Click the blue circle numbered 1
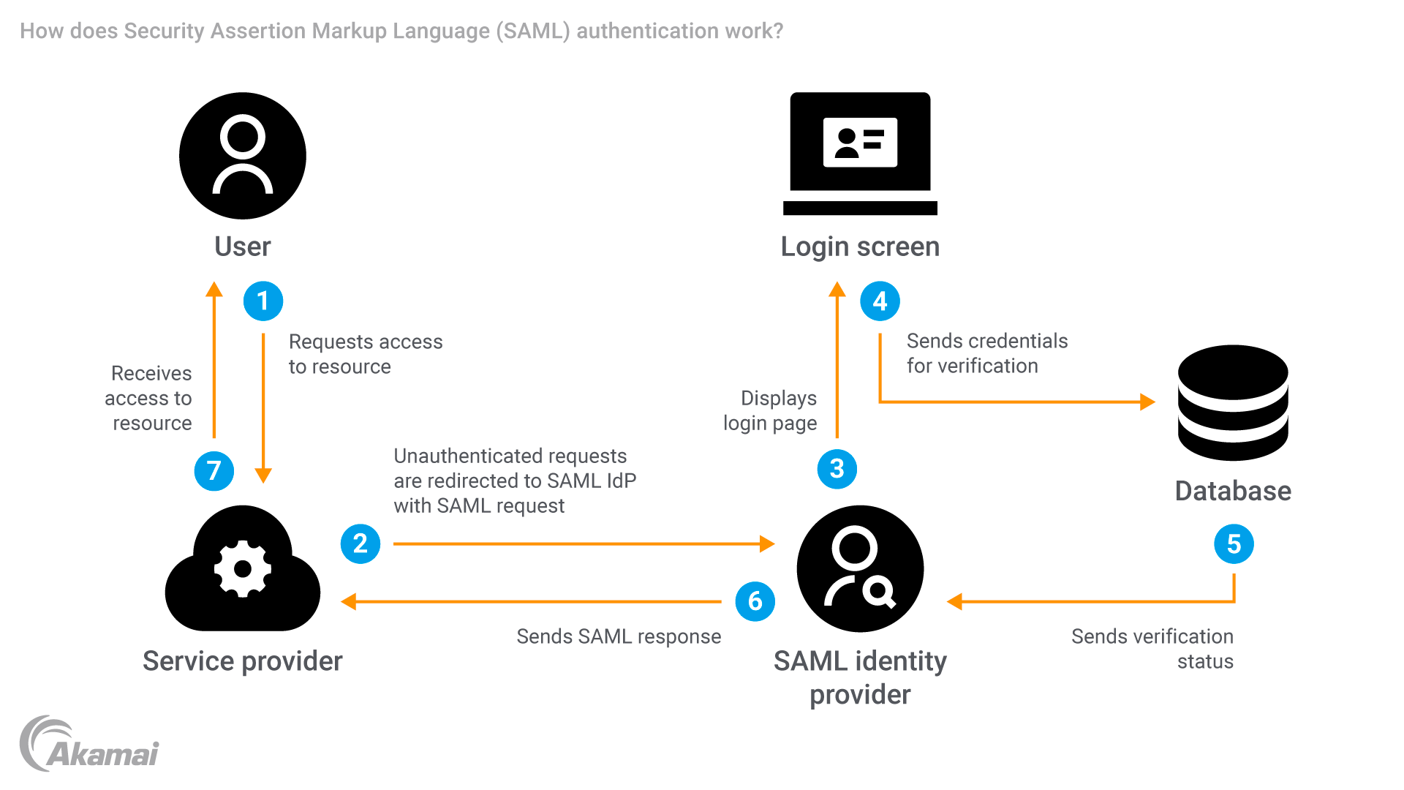click(263, 301)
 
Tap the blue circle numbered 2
click(361, 543)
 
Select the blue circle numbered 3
click(837, 469)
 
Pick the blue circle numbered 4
click(880, 301)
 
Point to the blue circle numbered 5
click(1234, 543)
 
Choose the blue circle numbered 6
click(755, 601)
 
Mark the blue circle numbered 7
click(214, 470)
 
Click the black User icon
click(243, 156)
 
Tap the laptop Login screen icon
click(860, 154)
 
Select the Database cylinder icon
click(1233, 403)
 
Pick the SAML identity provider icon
click(860, 569)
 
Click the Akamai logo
click(89, 745)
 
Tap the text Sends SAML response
click(619, 636)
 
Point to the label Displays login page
click(771, 410)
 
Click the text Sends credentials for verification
click(986, 353)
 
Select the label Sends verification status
click(1152, 649)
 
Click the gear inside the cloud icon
click(243, 568)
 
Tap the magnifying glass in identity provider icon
click(878, 591)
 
